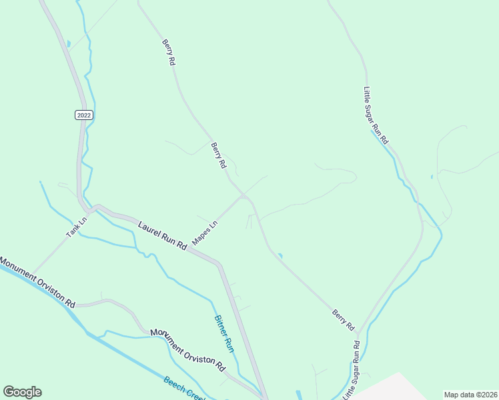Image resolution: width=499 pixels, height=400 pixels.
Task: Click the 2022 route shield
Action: tap(83, 115)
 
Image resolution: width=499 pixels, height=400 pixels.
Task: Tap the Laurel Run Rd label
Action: tap(163, 236)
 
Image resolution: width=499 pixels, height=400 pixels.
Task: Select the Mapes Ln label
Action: tap(205, 232)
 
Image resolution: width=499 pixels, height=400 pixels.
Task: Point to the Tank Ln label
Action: tap(77, 227)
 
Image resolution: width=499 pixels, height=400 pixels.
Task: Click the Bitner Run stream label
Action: tap(223, 333)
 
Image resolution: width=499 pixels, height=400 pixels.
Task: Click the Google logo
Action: tap(22, 392)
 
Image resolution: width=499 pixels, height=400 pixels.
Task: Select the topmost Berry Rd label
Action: tap(168, 52)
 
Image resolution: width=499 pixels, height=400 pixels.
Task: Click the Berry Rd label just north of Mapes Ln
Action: tap(219, 155)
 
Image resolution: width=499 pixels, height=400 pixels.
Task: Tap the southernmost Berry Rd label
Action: tap(343, 319)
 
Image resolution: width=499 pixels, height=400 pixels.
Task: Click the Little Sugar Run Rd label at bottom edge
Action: tap(352, 371)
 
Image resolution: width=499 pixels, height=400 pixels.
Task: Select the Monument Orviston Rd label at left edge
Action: tap(37, 282)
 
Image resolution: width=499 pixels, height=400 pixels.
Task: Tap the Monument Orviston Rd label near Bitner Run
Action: tap(188, 349)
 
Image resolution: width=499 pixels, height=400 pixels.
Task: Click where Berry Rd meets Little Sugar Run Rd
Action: tap(359, 333)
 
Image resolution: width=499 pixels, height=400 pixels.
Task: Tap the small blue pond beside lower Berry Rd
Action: tap(280, 255)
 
